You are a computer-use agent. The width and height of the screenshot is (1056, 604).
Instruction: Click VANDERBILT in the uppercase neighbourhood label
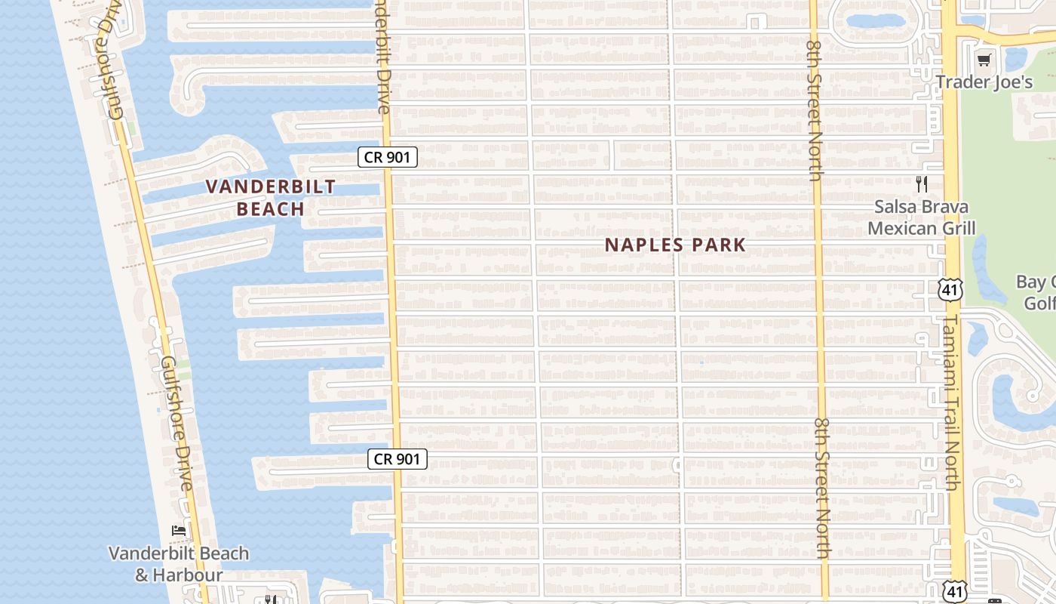271,186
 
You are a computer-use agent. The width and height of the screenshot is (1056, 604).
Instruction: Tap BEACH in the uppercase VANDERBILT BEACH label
271,209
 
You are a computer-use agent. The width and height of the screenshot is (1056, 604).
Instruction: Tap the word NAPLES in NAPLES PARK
643,245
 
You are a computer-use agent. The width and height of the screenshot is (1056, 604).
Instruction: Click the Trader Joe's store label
984,82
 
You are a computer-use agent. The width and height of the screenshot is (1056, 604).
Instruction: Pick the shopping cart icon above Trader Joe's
984,60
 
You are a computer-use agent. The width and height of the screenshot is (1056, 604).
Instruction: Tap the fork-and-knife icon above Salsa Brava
921,183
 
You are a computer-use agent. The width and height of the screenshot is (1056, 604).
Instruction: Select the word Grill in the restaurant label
957,228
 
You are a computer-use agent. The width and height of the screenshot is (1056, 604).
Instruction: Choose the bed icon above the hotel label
179,530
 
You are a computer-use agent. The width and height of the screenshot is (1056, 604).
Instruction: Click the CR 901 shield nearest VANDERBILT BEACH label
387,157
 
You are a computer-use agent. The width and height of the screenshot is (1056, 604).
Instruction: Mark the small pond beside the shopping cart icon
1015,59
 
